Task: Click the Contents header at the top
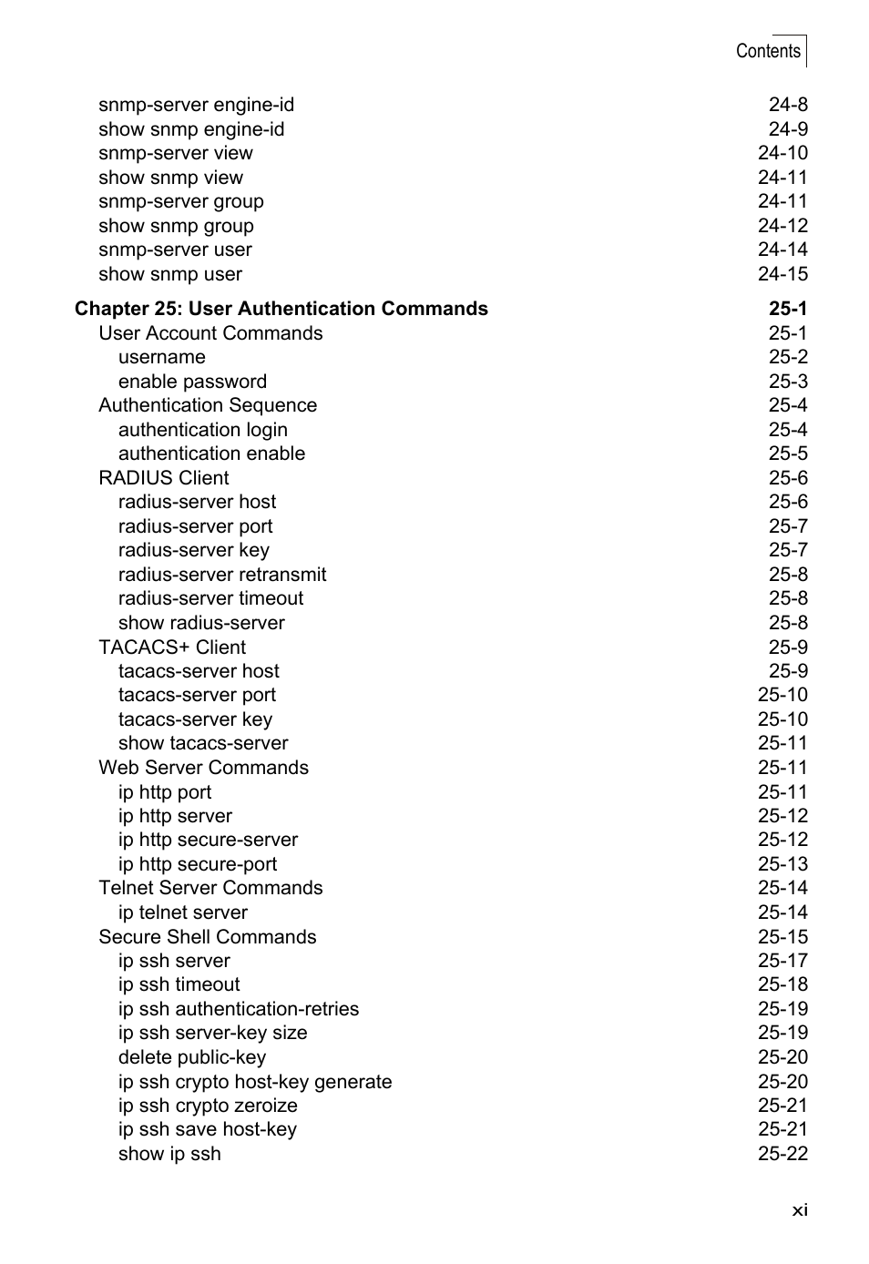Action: [x=768, y=51]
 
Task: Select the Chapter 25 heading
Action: [x=281, y=309]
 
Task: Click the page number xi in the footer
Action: [x=799, y=1209]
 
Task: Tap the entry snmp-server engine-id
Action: [x=196, y=105]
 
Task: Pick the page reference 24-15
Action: [x=782, y=274]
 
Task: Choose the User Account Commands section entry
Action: [x=210, y=333]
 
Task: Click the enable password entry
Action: [x=192, y=382]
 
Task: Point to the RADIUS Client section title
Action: [x=164, y=478]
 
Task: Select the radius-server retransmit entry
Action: [x=222, y=575]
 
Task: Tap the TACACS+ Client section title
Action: [x=172, y=647]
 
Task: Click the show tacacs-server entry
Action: [x=203, y=743]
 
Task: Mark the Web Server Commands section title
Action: [x=203, y=768]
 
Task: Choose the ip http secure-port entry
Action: [x=198, y=864]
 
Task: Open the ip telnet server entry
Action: [x=183, y=912]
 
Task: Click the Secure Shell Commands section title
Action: [x=208, y=937]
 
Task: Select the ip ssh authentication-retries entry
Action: [x=239, y=1009]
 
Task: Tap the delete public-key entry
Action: [x=192, y=1057]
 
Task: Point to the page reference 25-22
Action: [x=782, y=1154]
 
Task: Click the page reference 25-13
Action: [x=782, y=864]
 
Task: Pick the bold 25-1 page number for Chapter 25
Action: [x=788, y=309]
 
